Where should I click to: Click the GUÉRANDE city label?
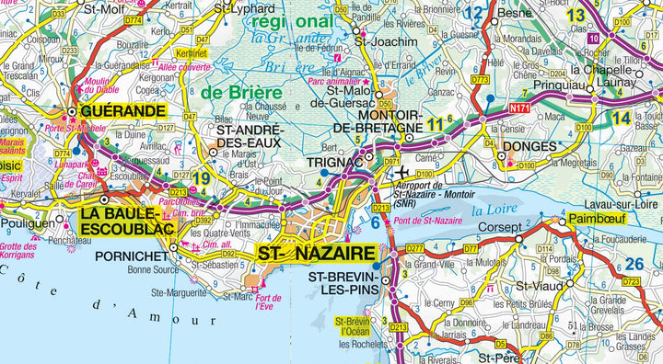tap(123, 111)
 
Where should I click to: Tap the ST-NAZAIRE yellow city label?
tap(317, 254)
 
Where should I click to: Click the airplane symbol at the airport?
tap(403, 174)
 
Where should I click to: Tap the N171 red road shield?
tap(521, 108)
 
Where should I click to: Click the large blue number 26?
tap(634, 264)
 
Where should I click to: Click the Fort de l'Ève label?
tap(269, 301)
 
